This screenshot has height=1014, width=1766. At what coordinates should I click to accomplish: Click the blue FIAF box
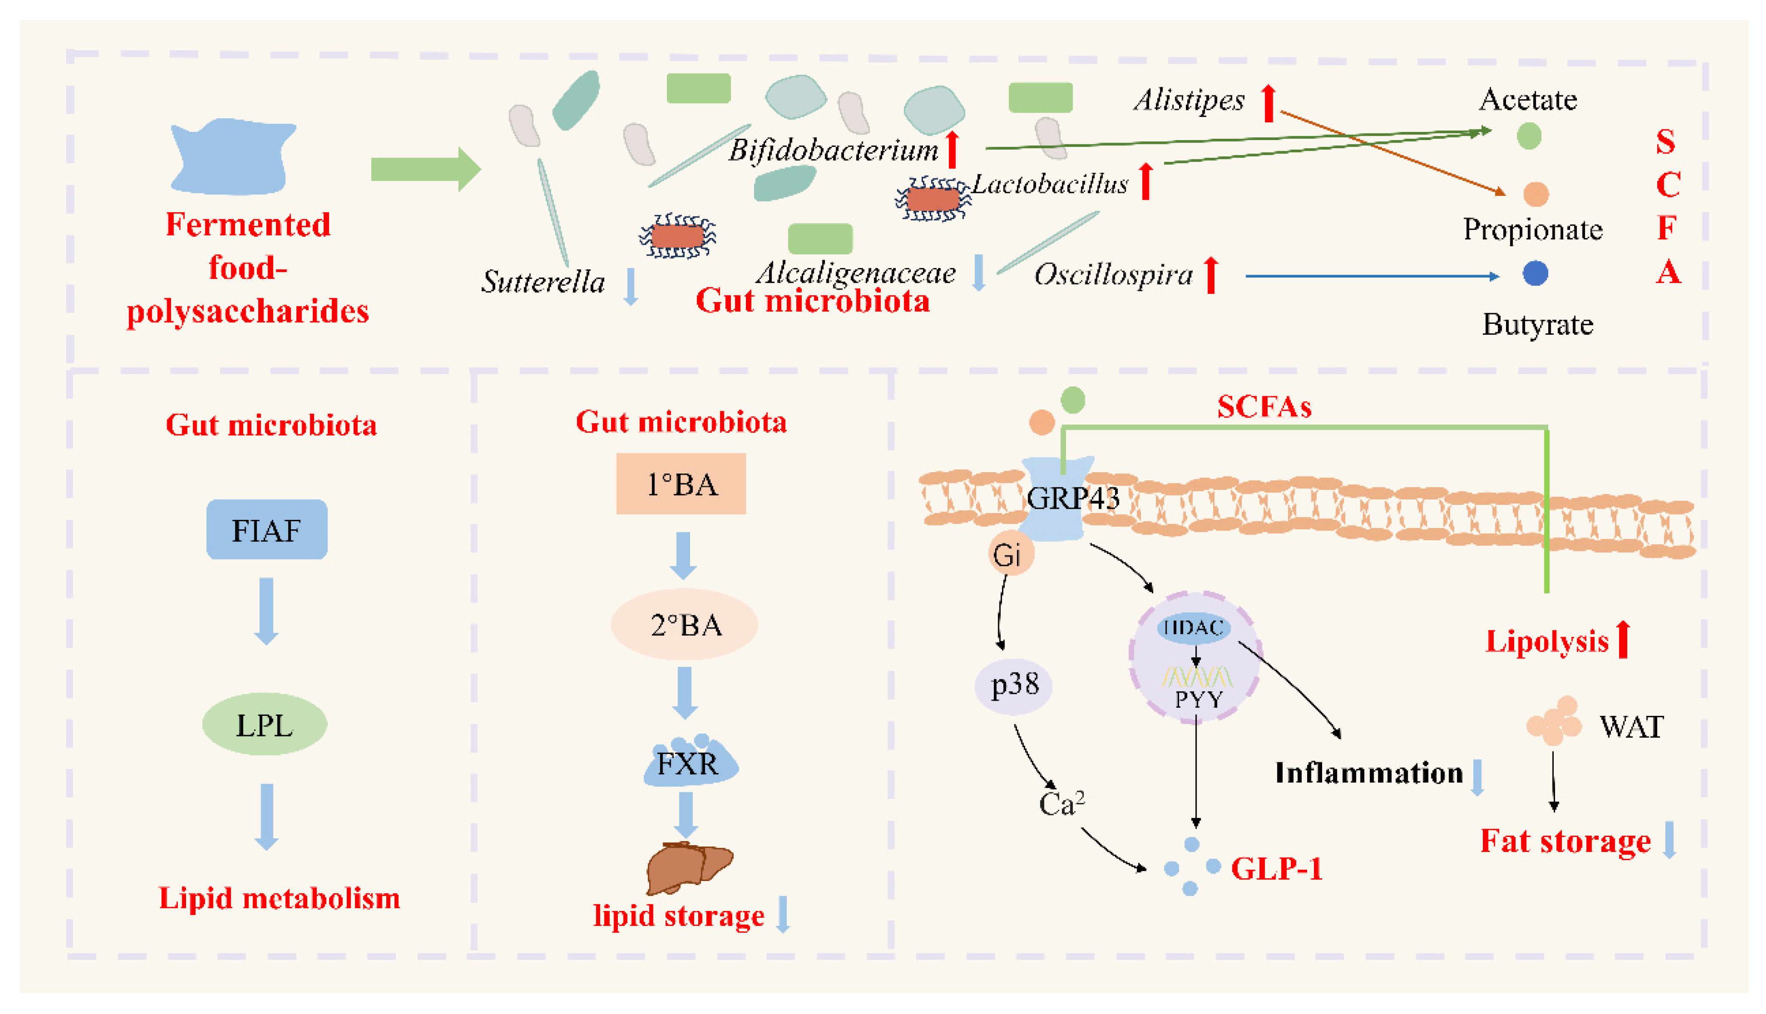click(x=267, y=529)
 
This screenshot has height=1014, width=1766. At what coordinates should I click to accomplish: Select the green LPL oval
click(x=265, y=724)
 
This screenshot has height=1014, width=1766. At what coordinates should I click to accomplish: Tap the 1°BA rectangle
click(x=681, y=484)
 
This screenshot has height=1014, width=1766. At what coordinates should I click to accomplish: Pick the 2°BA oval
click(x=684, y=625)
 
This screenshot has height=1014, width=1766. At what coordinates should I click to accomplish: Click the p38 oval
click(x=1013, y=685)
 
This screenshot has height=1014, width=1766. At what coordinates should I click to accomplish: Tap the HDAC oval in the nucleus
click(x=1194, y=627)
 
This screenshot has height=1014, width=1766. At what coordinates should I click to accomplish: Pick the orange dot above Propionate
click(x=1536, y=194)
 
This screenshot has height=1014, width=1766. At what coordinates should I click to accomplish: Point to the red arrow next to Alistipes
click(x=1269, y=103)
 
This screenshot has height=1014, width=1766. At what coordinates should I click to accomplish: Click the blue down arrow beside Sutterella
click(x=631, y=286)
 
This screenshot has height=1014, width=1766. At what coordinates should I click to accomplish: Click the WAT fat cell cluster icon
click(x=1554, y=721)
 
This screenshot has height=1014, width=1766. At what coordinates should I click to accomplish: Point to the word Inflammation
click(x=1369, y=773)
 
